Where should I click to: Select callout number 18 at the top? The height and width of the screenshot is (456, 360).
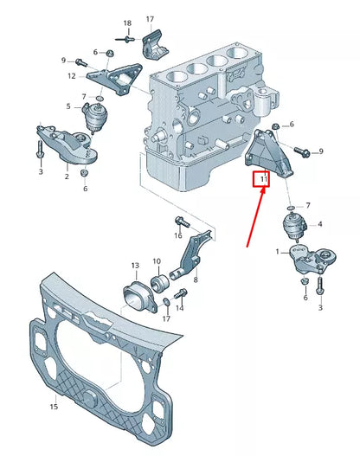tap(127, 22)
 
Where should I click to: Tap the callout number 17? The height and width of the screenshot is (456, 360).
tap(150, 18)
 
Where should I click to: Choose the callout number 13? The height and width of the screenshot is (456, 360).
tap(134, 265)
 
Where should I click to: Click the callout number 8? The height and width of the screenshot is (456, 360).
tap(195, 279)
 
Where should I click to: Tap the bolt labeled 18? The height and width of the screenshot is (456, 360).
tap(128, 38)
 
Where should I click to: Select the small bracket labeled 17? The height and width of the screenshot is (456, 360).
tap(156, 43)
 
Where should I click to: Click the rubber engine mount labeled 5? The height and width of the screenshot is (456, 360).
tap(92, 118)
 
